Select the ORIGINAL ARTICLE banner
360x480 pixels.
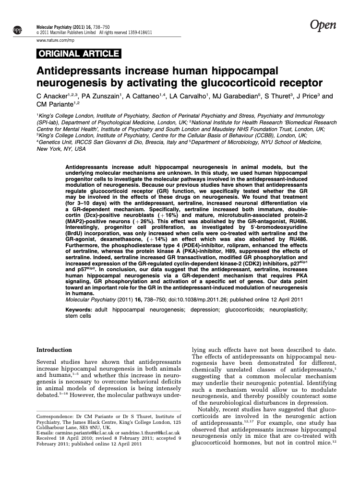click(x=78, y=53)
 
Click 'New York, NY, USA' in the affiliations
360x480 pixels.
click(x=61, y=149)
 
